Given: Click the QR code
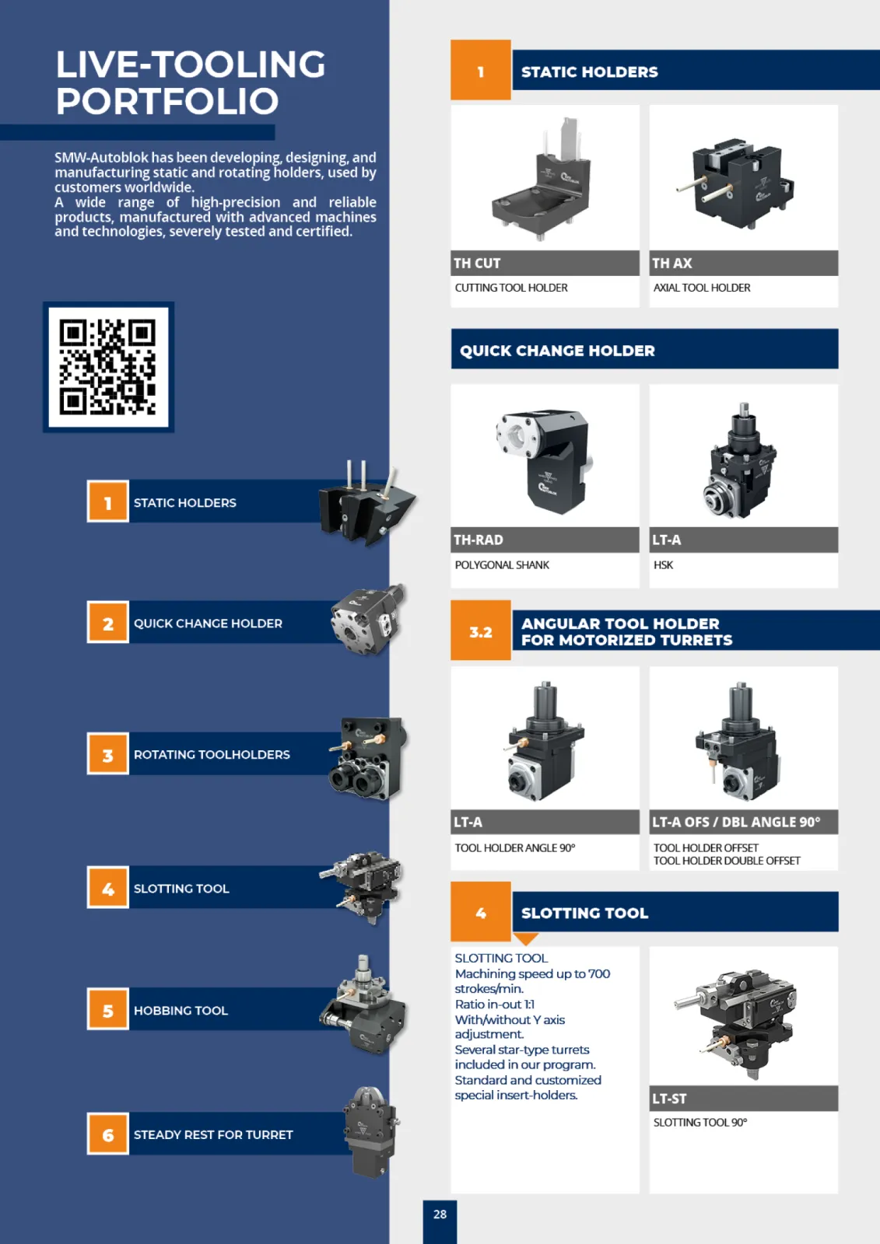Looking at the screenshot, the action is click(108, 367).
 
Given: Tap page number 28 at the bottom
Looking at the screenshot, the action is click(440, 1214).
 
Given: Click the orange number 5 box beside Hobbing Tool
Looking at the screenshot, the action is click(108, 1009).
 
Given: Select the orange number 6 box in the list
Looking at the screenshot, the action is click(108, 1134).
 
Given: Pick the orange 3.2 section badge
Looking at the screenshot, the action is click(481, 631).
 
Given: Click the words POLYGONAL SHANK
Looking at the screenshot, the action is click(502, 564).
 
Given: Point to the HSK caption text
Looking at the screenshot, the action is click(663, 564).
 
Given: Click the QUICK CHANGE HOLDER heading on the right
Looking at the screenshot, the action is click(557, 351).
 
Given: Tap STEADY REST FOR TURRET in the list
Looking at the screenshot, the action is click(213, 1134).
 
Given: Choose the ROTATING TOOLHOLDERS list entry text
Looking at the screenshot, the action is click(212, 754).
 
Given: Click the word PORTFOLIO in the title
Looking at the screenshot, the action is click(167, 101).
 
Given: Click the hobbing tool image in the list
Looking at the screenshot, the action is click(363, 1004).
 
